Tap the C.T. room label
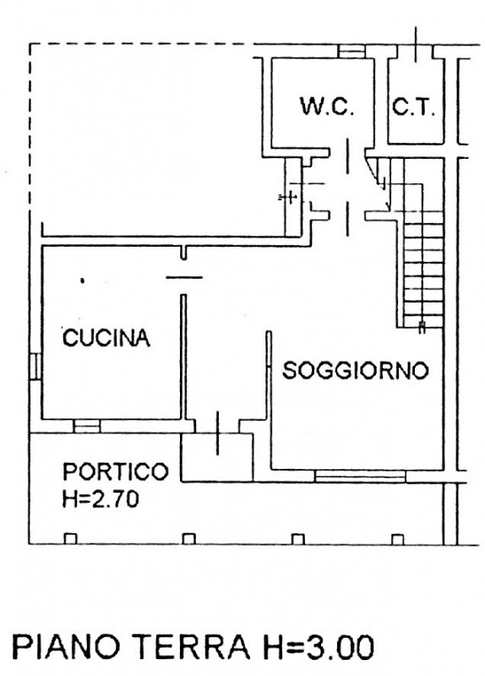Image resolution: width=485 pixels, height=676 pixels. click(x=412, y=107)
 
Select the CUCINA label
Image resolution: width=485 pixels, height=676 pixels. click(x=106, y=339)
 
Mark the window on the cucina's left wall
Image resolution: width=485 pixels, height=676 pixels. click(x=35, y=365)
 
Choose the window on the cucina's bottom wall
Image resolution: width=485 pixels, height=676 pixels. click(x=86, y=425)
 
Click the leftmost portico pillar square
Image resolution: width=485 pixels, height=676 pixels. click(x=70, y=538)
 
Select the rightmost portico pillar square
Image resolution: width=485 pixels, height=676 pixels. click(x=398, y=538)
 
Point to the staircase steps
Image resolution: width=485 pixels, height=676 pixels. click(x=422, y=253)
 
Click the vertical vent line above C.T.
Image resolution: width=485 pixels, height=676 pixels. click(x=417, y=42)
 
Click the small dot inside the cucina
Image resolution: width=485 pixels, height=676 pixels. click(x=82, y=280)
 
